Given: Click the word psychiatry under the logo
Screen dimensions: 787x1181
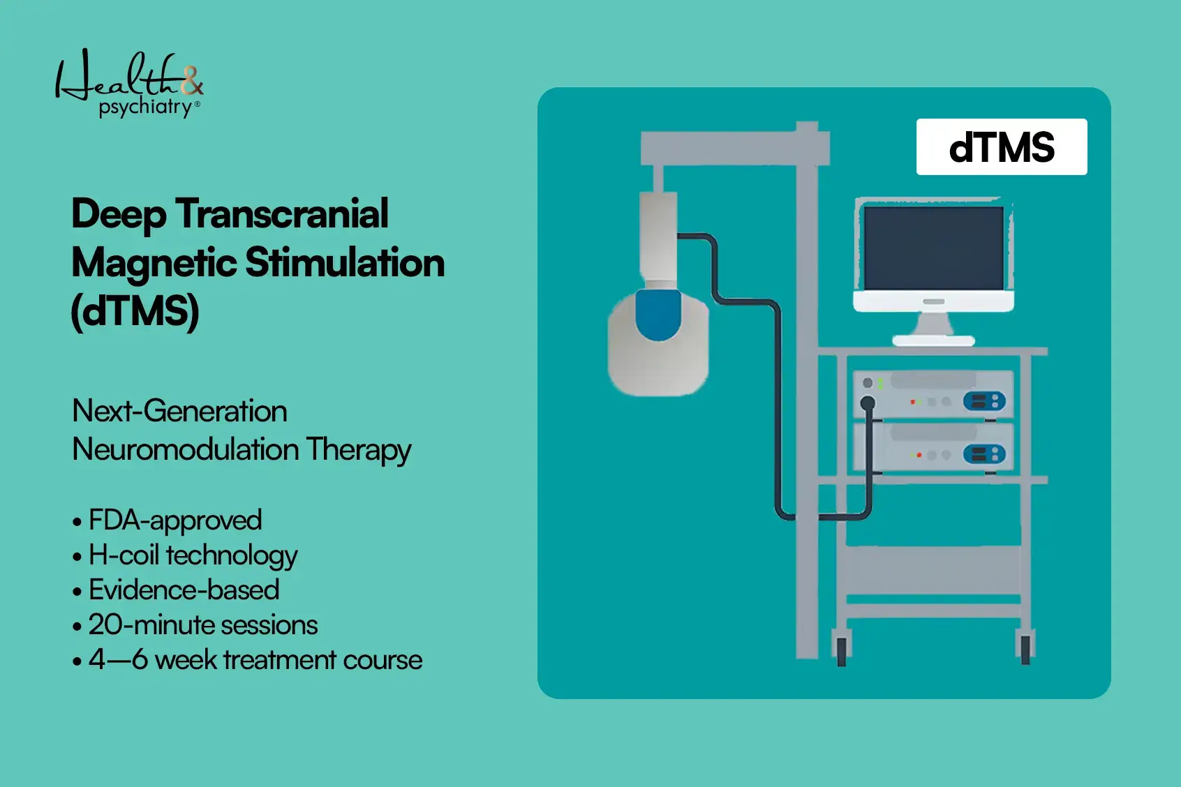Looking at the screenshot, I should tap(145, 107).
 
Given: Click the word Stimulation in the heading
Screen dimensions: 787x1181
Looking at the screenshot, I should tap(345, 263).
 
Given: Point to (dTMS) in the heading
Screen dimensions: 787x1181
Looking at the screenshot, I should tap(135, 311).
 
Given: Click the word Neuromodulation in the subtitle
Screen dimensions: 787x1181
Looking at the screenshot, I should tap(186, 449).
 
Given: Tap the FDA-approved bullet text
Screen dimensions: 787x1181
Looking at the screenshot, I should tap(174, 520).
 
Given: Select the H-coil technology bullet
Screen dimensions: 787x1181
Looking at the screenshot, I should tap(193, 555).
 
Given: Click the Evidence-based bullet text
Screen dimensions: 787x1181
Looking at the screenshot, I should tap(184, 590).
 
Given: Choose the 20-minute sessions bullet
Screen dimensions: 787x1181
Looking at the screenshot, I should tap(202, 625).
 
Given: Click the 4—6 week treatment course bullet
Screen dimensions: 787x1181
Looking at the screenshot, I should tap(255, 660).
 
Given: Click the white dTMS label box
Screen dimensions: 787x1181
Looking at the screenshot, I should tap(1001, 147).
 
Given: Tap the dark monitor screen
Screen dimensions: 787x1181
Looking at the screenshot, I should tap(933, 248).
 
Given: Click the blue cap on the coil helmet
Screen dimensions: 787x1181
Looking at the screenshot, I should tap(658, 315).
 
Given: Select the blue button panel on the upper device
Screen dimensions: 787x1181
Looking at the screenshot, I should tap(984, 401).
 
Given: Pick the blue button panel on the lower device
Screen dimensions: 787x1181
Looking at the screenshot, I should tap(984, 454).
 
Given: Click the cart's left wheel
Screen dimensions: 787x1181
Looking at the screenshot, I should tap(841, 648).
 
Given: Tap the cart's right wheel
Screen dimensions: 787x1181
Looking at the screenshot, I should tap(1025, 648).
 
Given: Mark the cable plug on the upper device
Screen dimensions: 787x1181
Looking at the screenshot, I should tap(868, 403).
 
